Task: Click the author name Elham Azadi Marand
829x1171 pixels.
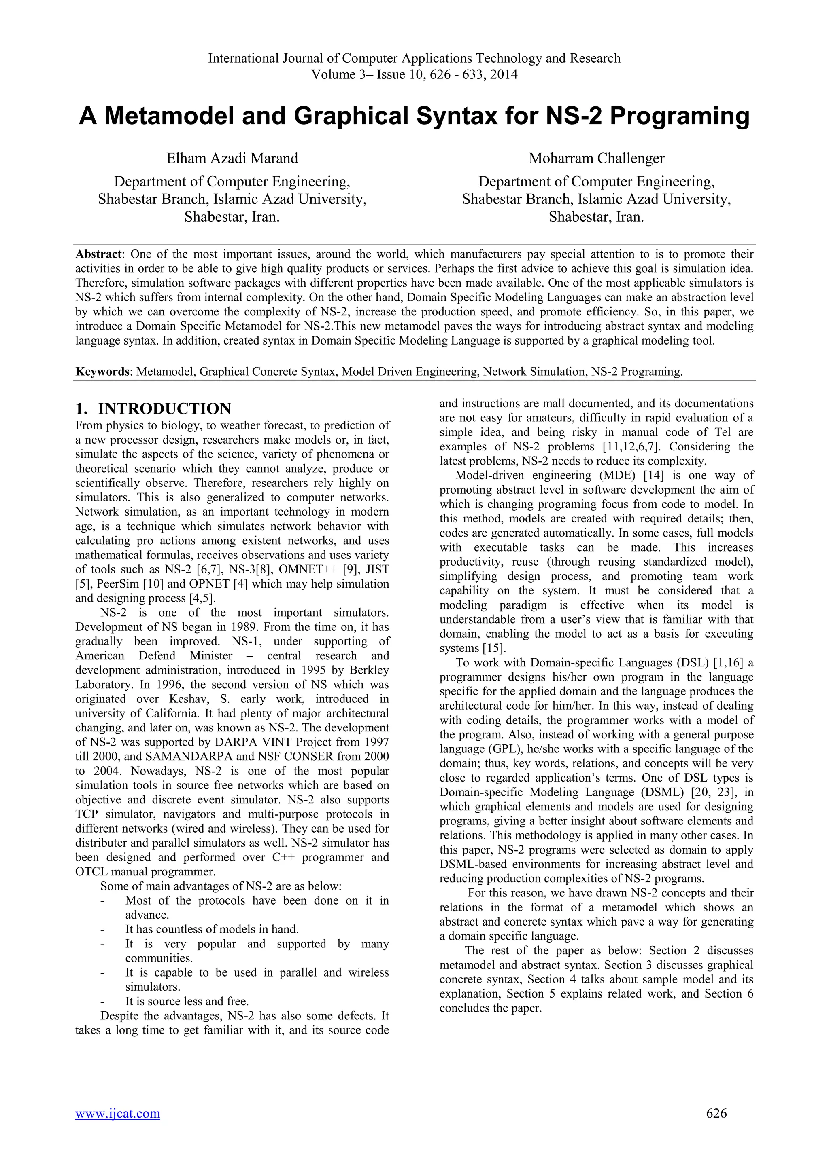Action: pos(232,159)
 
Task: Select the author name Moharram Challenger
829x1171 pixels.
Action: pos(596,159)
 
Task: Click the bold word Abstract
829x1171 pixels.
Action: pos(98,254)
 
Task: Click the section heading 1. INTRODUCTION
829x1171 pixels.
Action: pos(153,408)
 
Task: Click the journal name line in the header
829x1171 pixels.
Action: pos(414,59)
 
